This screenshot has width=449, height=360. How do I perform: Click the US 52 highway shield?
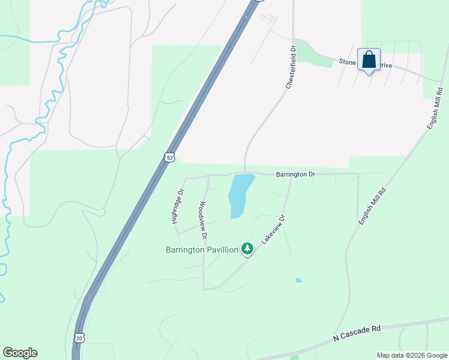tap(170, 157)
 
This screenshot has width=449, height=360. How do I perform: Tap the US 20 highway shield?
tap(79, 338)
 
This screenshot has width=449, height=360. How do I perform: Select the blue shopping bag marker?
tap(369, 60)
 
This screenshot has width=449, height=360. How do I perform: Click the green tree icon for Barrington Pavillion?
tap(247, 248)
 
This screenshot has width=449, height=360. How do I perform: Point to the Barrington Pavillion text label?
tap(202, 250)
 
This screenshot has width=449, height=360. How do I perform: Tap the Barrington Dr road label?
tap(295, 175)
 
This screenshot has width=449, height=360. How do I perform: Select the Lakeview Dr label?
tap(272, 229)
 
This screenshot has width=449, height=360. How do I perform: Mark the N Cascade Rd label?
tap(357, 334)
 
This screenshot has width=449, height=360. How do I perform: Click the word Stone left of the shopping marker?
tap(348, 61)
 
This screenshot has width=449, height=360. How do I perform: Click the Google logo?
tap(20, 353)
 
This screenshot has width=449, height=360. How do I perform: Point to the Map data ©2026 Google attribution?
tap(411, 355)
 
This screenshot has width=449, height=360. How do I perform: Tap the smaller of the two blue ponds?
tap(298, 280)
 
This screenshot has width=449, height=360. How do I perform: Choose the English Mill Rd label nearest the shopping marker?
tap(435, 109)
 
